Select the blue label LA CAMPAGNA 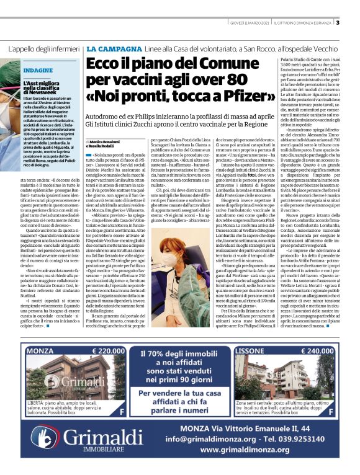point(109,48)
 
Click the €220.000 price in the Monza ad point(117,350)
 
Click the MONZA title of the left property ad point(44,350)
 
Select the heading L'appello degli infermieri point(45,48)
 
